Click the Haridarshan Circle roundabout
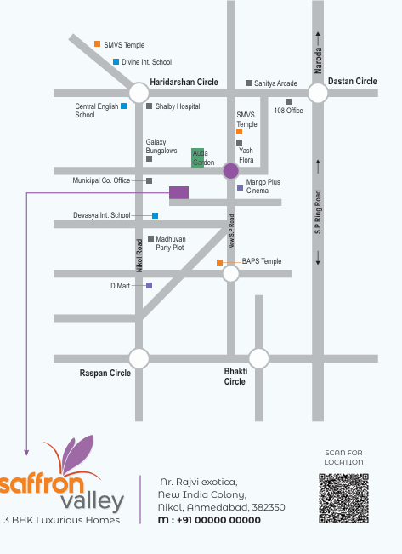139,93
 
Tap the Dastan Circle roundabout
318,93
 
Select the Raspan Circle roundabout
139,358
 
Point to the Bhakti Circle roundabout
258,358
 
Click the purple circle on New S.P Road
231,171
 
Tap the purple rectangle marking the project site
179,193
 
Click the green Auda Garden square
198,157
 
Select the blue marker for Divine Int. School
116,62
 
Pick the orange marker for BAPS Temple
219,262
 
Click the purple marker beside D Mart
150,285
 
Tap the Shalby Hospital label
178,106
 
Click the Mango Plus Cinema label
263,186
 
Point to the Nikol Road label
139,255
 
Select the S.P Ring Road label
318,212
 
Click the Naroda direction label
318,60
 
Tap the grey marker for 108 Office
289,102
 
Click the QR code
343,499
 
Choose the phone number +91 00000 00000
218,520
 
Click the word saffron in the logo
42,483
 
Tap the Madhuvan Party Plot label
171,243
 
